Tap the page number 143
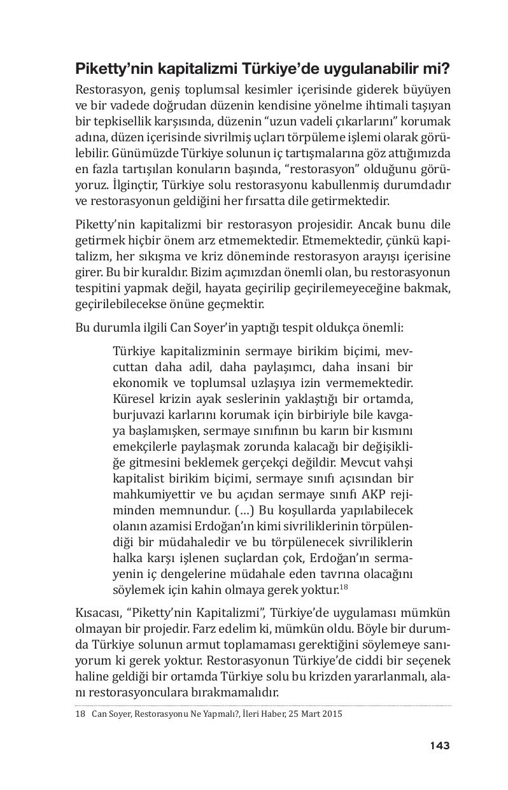(439, 745)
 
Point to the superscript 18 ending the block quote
(343, 587)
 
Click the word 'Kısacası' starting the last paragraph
(95, 613)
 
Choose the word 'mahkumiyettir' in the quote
(148, 495)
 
